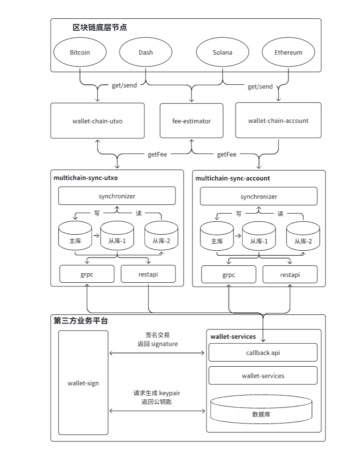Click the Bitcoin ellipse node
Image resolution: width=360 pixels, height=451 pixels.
(x=80, y=52)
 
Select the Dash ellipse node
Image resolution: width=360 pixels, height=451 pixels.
(x=146, y=52)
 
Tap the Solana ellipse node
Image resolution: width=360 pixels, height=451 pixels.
(x=223, y=52)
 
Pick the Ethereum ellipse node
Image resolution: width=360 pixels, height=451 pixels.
(x=289, y=52)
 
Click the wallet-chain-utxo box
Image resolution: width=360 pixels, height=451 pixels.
(x=98, y=121)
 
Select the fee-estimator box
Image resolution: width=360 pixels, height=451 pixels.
(x=191, y=121)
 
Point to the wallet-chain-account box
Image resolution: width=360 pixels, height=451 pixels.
(x=278, y=120)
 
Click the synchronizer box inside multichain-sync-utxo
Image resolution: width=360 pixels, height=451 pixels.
(x=117, y=196)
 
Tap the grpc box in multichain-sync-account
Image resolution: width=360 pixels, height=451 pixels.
(x=229, y=275)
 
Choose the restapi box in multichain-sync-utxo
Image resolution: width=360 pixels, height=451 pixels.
(x=148, y=274)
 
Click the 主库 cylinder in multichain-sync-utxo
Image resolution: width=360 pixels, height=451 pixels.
(x=75, y=236)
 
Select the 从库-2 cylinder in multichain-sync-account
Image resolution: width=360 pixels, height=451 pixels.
(x=303, y=236)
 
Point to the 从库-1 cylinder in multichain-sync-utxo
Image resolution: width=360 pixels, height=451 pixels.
(x=117, y=236)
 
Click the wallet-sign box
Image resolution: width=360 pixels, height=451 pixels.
(x=83, y=383)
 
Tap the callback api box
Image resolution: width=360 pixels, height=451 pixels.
(x=263, y=352)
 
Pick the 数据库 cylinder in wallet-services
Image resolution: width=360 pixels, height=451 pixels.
(x=262, y=409)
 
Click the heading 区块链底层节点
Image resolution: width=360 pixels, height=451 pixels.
(x=100, y=27)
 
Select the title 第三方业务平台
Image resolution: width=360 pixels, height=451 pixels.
(x=81, y=321)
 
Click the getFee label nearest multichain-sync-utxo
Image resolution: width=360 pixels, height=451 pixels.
(x=157, y=154)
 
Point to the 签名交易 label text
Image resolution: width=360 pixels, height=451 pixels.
(x=158, y=335)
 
